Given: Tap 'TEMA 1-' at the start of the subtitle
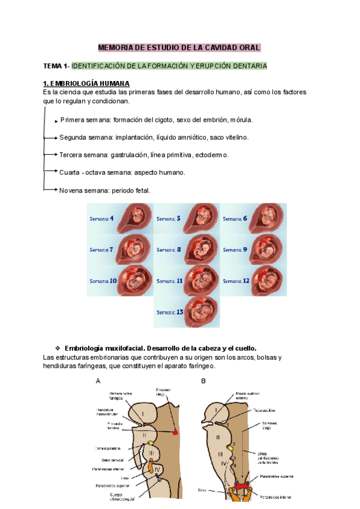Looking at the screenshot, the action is pyautogui.click(x=56, y=65).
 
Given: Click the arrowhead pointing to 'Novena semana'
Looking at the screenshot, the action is pyautogui.click(x=55, y=190).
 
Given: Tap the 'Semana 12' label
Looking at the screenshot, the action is pyautogui.click(x=235, y=281).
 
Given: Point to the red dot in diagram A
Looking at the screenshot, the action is pyautogui.click(x=175, y=432).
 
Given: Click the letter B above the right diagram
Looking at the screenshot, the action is pyautogui.click(x=203, y=381).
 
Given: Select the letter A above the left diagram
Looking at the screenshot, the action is pyautogui.click(x=98, y=381).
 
